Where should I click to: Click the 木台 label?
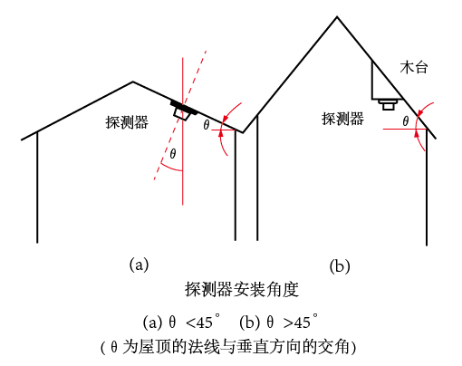pyautogui.click(x=414, y=68)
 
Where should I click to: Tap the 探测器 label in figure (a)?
pyautogui.click(x=127, y=122)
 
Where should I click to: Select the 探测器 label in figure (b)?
pyautogui.click(x=342, y=119)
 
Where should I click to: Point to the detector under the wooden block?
pyautogui.click(x=389, y=104)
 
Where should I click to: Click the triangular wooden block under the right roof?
pyautogui.click(x=383, y=84)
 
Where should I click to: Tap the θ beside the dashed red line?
pyautogui.click(x=173, y=154)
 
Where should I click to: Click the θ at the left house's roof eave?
pyautogui.click(x=207, y=125)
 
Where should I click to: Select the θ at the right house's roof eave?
pyautogui.click(x=406, y=121)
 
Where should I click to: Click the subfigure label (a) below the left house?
pyautogui.click(x=139, y=265)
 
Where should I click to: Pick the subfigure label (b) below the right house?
pyautogui.click(x=340, y=266)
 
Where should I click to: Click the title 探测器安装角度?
pyautogui.click(x=242, y=289)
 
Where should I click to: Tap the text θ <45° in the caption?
pyautogui.click(x=195, y=322)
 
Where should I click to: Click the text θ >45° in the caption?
pyautogui.click(x=293, y=322)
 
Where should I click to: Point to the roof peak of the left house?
pyautogui.click(x=132, y=82)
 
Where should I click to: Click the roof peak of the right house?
pyautogui.click(x=337, y=17)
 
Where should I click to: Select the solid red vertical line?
pyautogui.click(x=182, y=131)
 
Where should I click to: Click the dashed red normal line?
pyautogui.click(x=180, y=115)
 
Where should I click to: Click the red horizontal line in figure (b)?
pyautogui.click(x=405, y=129)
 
